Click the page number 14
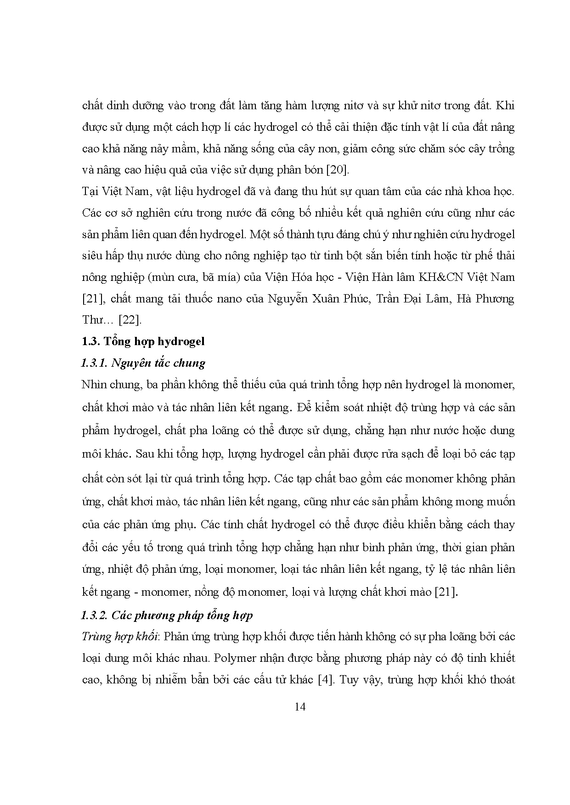(300, 707)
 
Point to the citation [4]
(324, 679)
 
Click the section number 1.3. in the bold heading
(90, 341)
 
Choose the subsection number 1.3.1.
(94, 363)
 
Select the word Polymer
(234, 658)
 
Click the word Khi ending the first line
(506, 106)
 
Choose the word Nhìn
(93, 384)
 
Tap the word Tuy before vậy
(352, 679)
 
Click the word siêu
(92, 256)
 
